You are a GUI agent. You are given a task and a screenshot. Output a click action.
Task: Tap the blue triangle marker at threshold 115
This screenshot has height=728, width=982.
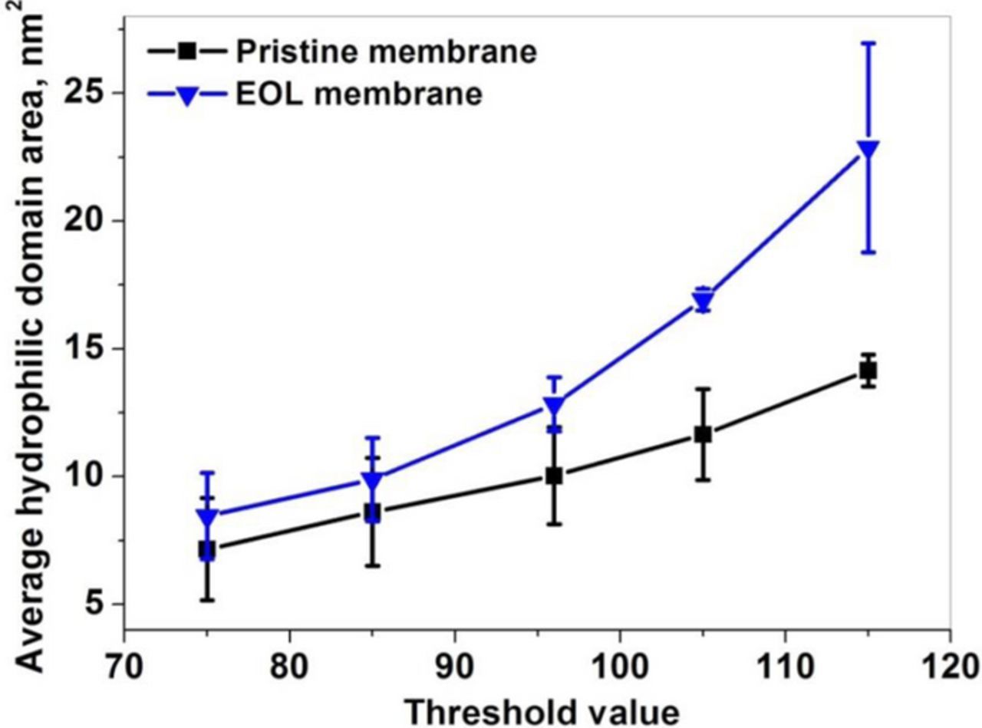point(868,150)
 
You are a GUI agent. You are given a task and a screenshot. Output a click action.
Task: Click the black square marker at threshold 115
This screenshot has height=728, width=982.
point(868,371)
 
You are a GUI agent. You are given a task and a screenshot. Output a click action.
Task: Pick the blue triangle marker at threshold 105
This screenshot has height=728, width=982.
point(703,300)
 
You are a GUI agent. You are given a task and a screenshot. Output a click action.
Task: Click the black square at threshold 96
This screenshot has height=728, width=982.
point(554,476)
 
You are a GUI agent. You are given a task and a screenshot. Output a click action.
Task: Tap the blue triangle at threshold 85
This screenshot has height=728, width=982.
point(372,481)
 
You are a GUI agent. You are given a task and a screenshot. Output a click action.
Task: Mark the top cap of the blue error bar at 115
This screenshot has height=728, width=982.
point(868,43)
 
